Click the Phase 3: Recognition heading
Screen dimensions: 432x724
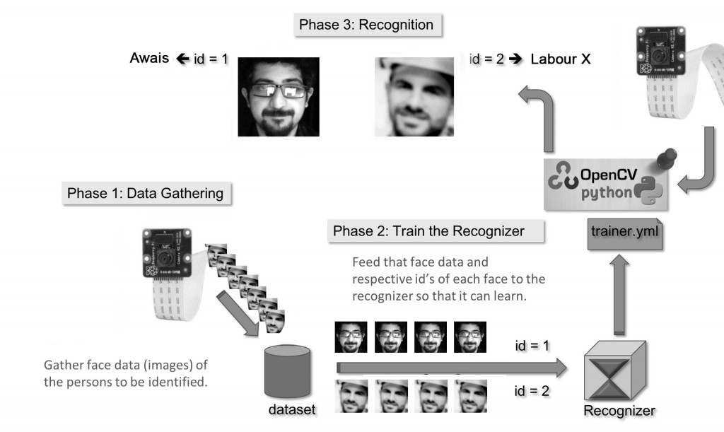366,25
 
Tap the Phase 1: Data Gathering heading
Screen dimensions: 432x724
145,193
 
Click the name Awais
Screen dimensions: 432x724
149,59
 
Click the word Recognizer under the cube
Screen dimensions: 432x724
619,411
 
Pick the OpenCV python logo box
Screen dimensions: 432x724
605,185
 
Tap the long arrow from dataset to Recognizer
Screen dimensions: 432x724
452,368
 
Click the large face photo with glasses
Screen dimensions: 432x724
278,96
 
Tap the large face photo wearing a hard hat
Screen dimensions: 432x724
414,96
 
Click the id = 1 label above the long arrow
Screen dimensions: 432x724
531,346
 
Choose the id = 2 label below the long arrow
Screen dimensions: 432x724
531,390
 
